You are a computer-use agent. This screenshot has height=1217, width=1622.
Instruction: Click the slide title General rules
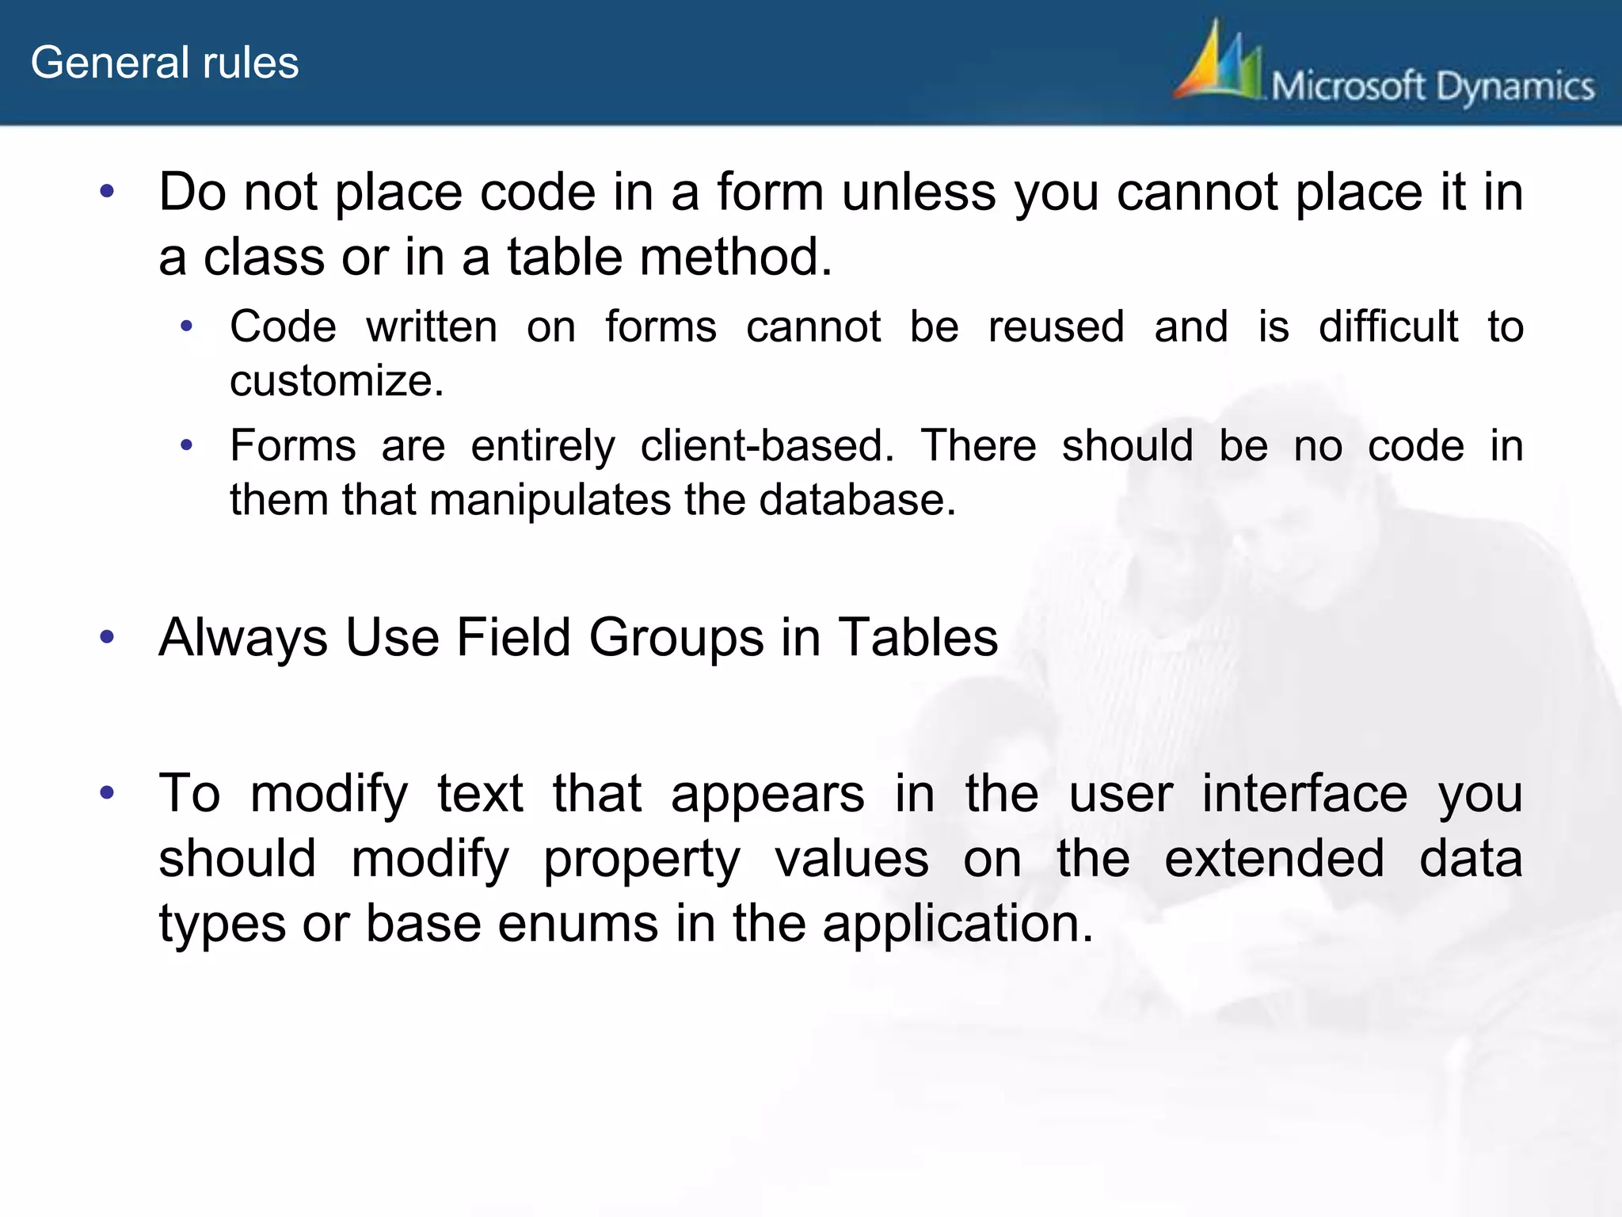165,63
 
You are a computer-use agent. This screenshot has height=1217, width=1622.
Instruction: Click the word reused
1057,327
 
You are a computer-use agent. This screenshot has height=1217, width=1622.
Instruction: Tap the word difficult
1388,327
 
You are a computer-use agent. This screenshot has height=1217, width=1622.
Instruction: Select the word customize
337,381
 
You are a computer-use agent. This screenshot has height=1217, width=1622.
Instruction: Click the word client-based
767,446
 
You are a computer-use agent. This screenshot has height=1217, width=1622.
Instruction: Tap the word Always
243,639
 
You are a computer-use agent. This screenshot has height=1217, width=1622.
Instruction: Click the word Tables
918,637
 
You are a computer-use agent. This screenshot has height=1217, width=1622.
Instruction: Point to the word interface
1304,793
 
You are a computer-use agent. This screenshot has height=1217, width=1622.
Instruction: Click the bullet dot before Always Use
108,636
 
